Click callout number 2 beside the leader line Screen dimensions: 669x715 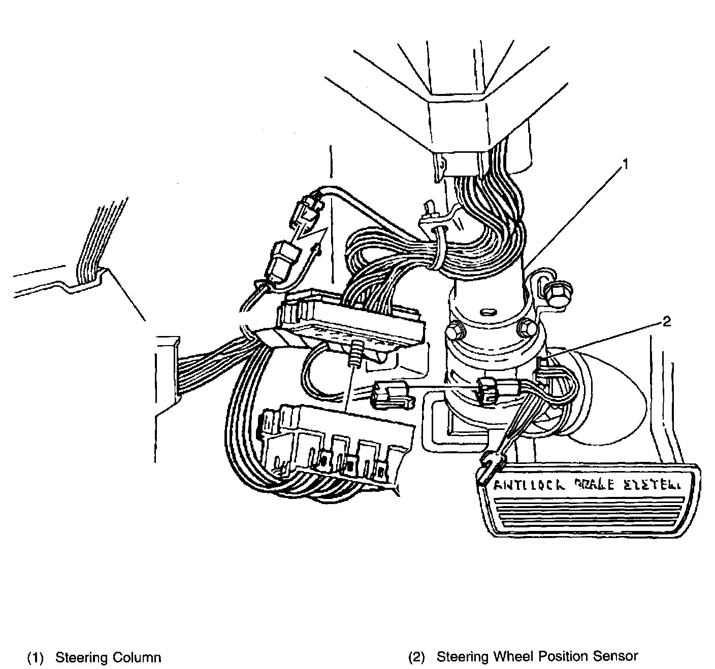(x=666, y=321)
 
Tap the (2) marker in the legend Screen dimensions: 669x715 (x=416, y=657)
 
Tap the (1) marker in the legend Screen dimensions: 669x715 (x=35, y=658)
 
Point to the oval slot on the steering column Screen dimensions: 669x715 (x=489, y=311)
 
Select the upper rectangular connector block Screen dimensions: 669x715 (x=350, y=325)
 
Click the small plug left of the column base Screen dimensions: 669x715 (x=390, y=393)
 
